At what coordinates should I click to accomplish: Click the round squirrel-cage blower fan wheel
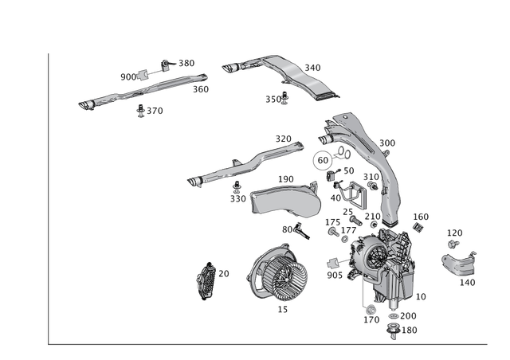pos(278,278)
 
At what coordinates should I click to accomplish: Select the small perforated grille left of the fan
pos(208,278)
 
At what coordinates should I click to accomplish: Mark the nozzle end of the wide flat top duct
pos(232,69)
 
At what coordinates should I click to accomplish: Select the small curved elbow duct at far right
pos(457,262)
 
